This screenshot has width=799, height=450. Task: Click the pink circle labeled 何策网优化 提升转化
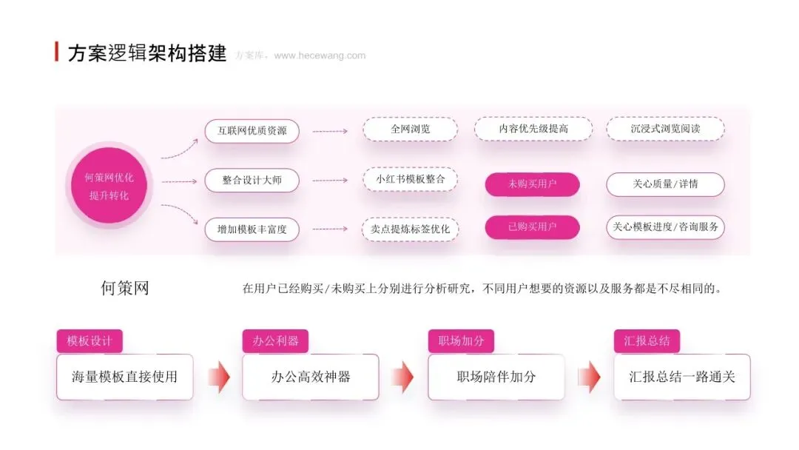coord(109,186)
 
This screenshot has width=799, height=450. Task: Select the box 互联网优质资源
coord(252,131)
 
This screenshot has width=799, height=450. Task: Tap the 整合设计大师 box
coord(252,181)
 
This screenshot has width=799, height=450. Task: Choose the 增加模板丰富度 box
coord(252,229)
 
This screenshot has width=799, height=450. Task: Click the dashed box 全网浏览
coord(410,129)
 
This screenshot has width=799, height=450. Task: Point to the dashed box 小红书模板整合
coord(410,179)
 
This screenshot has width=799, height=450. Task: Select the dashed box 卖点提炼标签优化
coord(410,229)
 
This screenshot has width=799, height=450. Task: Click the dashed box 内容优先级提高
coord(533,129)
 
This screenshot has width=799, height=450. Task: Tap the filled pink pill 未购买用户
coord(532,184)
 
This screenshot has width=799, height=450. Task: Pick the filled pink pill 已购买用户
coord(532,226)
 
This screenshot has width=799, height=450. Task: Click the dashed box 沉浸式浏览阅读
coord(665,129)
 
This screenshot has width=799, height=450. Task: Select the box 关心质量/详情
coord(665,184)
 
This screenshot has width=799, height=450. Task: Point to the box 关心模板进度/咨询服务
coord(665,226)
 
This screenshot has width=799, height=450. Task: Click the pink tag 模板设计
coord(90,341)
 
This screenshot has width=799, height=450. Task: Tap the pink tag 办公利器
coord(275,341)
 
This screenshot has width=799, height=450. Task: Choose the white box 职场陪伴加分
coord(496,377)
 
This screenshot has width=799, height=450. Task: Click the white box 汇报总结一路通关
coord(682,377)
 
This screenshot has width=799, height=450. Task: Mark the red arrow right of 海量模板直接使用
coord(220,377)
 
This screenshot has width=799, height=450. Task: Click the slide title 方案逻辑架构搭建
coord(147,53)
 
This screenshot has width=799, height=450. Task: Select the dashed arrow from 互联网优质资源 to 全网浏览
coord(330,132)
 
